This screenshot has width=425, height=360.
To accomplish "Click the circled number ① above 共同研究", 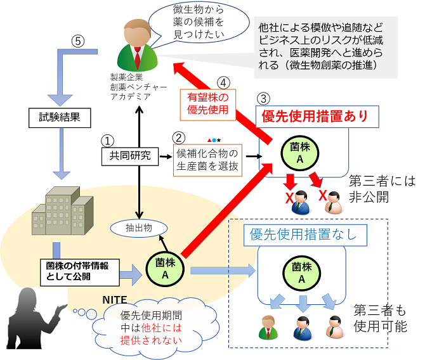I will click(x=108, y=138).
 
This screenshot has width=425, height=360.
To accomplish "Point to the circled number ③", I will click(x=265, y=99).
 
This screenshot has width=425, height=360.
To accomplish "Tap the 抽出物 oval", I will click(x=137, y=227).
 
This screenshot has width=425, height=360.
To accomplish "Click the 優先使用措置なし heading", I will click(x=298, y=234).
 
